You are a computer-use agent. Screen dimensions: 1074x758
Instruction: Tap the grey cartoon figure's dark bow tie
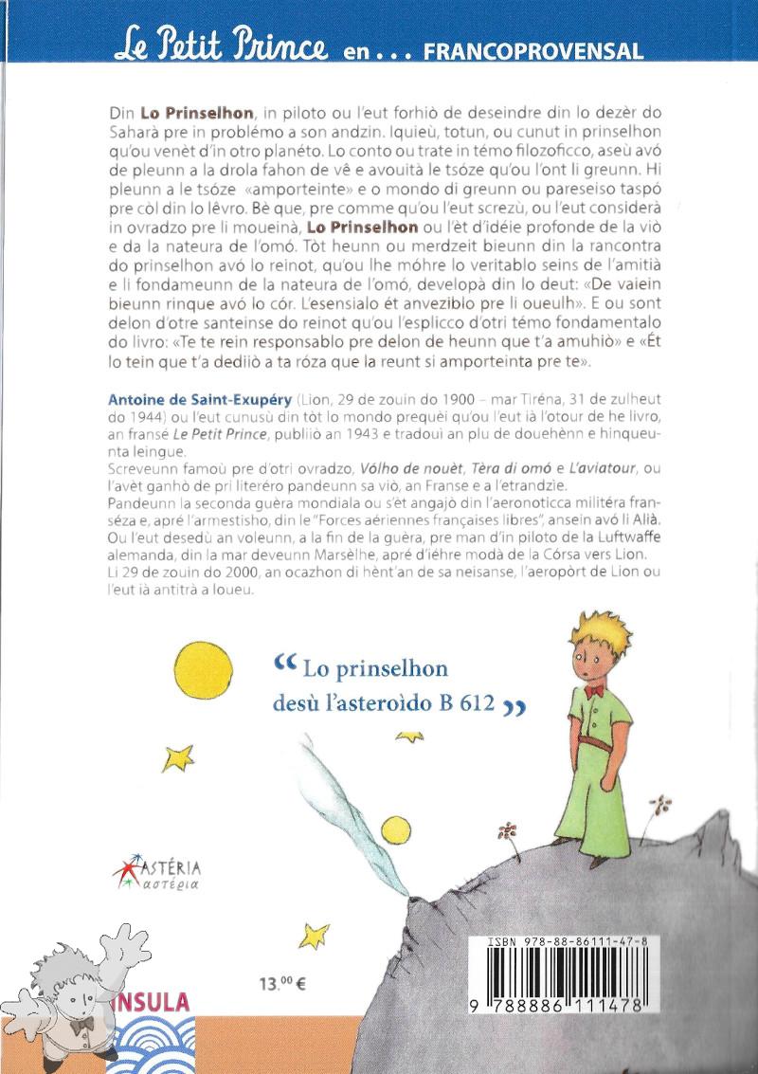(83, 1023)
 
